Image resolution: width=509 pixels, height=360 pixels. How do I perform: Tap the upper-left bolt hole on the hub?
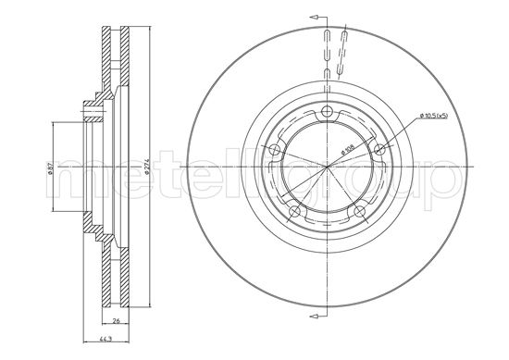[277, 149]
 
